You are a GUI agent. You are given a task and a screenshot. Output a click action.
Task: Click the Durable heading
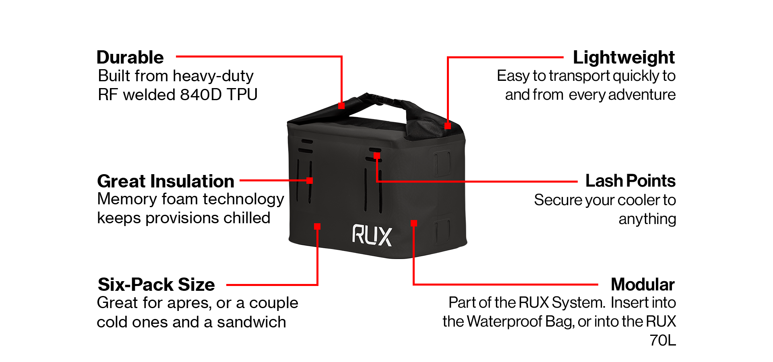click(130, 58)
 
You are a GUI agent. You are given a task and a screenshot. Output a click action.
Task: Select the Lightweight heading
click(624, 58)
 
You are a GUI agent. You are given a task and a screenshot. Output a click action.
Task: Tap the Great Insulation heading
click(165, 181)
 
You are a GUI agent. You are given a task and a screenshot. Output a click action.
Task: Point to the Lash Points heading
click(630, 181)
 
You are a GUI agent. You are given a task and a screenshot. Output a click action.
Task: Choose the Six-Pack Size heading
click(156, 285)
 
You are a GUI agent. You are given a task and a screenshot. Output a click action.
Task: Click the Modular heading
click(643, 285)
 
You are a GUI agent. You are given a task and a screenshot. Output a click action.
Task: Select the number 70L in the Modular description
click(663, 340)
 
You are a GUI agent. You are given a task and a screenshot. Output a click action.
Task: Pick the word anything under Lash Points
click(647, 219)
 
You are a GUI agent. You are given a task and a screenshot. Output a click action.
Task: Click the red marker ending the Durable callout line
click(341, 106)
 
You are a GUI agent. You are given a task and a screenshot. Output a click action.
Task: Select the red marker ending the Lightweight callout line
click(447, 126)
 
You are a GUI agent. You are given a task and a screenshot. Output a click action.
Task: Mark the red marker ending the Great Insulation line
click(310, 181)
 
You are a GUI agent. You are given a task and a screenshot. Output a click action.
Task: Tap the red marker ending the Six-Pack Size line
click(317, 226)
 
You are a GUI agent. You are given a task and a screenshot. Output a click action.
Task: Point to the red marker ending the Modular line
click(413, 223)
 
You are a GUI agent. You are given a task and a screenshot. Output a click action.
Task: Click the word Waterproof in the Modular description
click(504, 322)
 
